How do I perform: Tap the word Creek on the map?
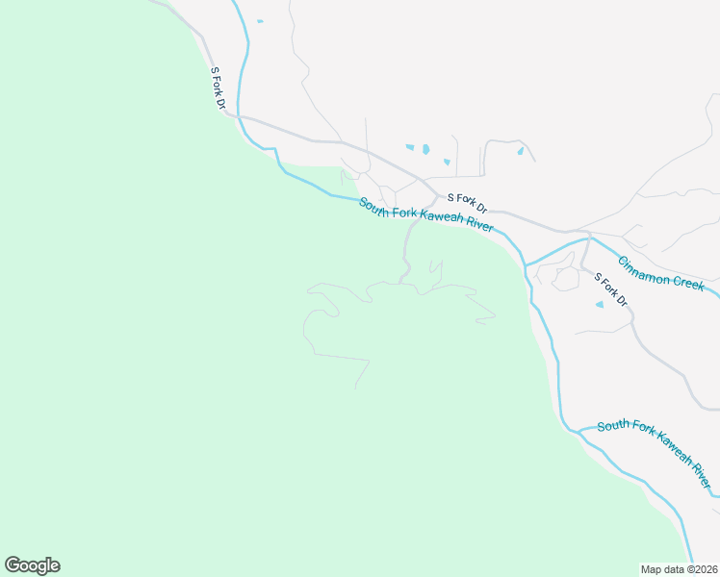tap(689, 283)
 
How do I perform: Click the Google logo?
tap(32, 565)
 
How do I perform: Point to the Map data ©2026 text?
tap(679, 568)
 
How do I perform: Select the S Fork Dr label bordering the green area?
tap(219, 88)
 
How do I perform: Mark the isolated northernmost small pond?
tap(260, 20)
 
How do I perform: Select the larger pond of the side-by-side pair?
tap(424, 149)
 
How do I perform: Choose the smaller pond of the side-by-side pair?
tap(410, 147)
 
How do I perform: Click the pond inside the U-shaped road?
tap(520, 151)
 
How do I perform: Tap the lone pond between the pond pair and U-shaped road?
tap(446, 162)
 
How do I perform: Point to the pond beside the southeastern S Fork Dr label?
tap(600, 305)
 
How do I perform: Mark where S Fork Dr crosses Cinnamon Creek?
tap(589, 237)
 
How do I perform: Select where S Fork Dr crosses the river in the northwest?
tap(241, 116)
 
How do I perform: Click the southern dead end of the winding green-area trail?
tap(356, 388)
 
